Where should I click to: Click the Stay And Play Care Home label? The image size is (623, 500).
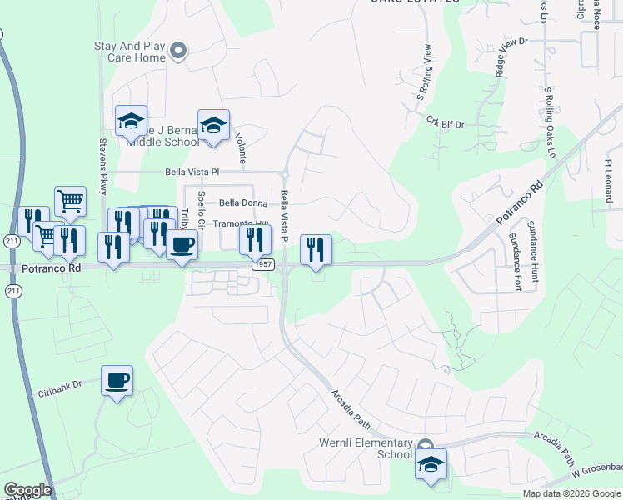[x=129, y=52]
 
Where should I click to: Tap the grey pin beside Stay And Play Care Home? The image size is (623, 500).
[x=177, y=52]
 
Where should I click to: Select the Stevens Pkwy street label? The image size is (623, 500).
[x=103, y=165]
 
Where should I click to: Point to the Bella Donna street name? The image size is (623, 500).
[x=242, y=202]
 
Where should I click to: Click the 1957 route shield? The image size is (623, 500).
[x=263, y=263]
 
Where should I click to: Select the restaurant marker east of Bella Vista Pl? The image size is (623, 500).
[x=316, y=249]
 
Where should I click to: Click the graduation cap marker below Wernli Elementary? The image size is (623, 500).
[x=431, y=464]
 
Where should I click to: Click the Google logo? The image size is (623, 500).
[x=27, y=490]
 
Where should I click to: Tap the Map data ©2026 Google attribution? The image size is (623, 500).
[x=571, y=493]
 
